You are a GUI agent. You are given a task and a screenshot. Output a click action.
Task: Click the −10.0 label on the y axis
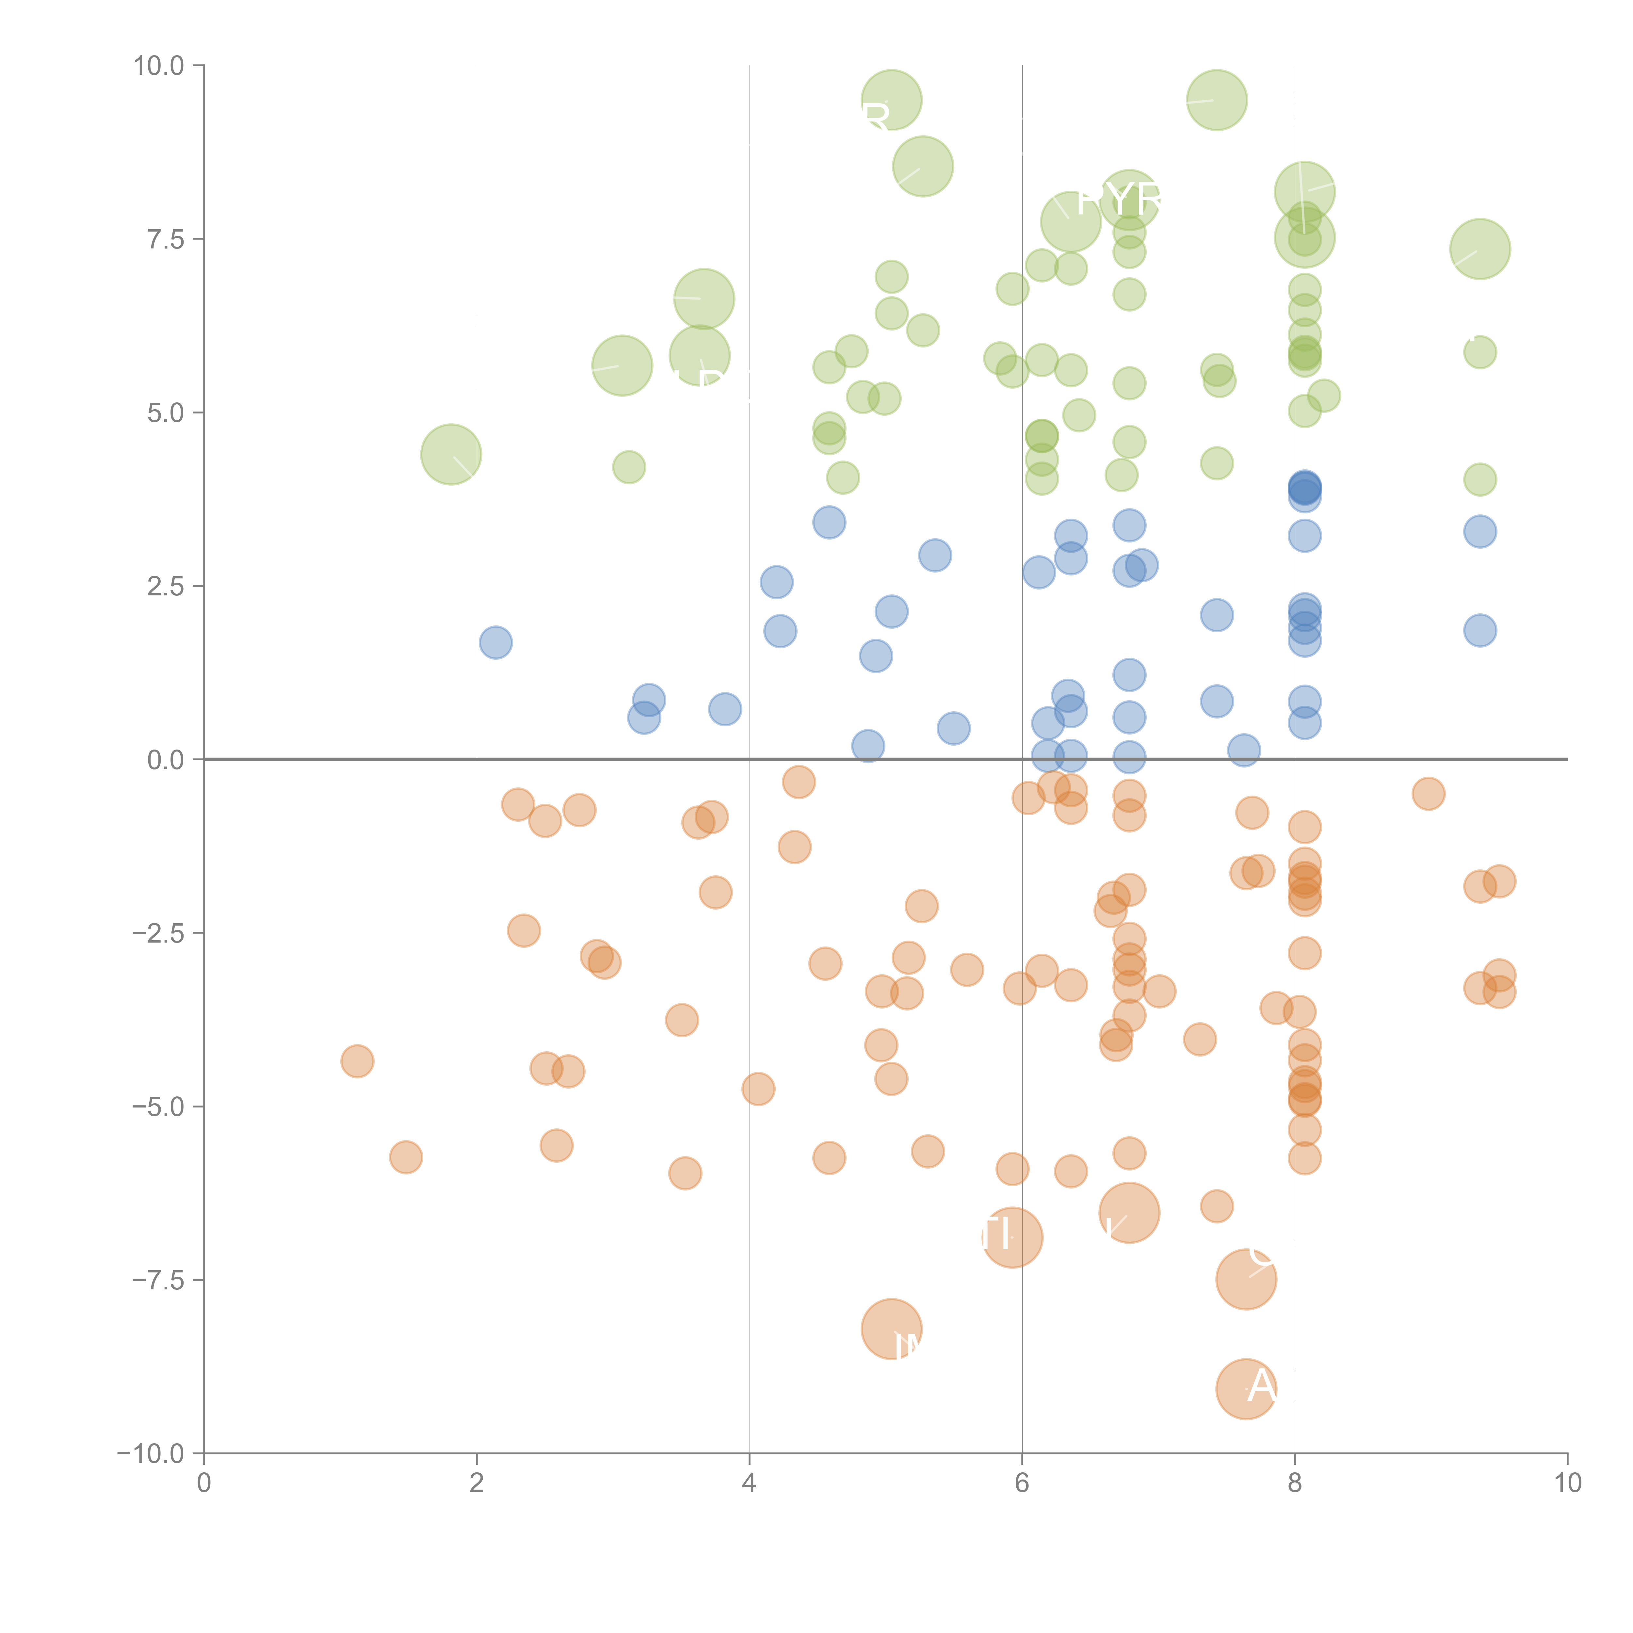coord(151,1454)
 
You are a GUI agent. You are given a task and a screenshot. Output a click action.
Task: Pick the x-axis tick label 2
coord(477,1483)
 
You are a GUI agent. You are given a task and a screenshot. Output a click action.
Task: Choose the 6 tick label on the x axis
coord(1022,1483)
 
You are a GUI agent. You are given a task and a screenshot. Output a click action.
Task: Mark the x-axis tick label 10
coord(1567,1483)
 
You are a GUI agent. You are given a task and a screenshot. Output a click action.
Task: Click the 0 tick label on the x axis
coord(204,1483)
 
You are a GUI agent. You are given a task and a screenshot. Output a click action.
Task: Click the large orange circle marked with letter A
coord(1246,1389)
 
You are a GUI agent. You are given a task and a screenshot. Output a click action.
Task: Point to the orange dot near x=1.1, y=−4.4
coord(358,1061)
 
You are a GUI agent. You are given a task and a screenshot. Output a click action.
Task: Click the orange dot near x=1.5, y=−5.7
coord(406,1157)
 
